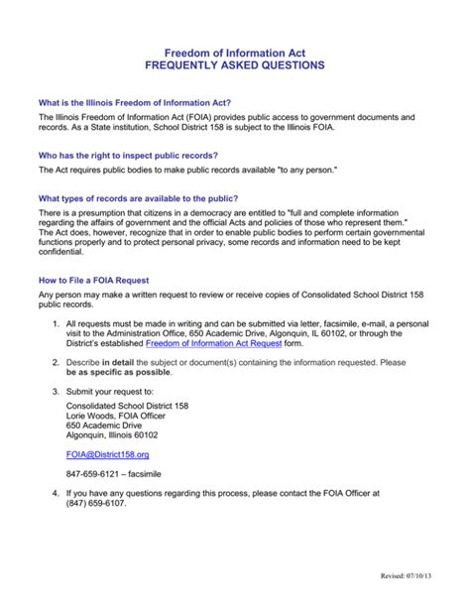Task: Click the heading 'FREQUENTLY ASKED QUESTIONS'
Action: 235,64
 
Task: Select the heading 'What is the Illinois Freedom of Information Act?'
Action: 135,102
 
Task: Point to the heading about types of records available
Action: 138,198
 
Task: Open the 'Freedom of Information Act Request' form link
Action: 212,342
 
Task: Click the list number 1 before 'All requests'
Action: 55,323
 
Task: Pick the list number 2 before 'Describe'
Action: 55,363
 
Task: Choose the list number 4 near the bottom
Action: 55,493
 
